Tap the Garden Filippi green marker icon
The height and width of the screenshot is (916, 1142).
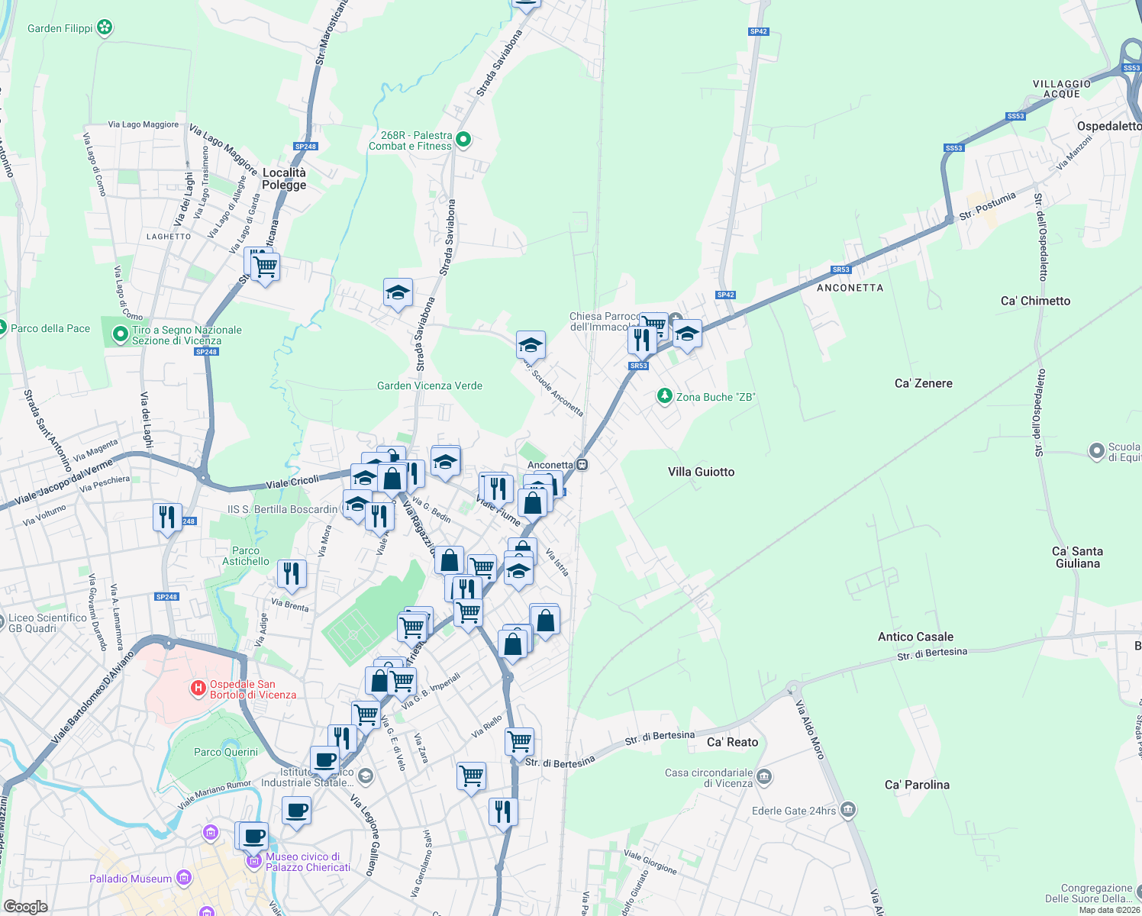coord(105,28)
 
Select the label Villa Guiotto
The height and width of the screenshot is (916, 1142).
coord(701,472)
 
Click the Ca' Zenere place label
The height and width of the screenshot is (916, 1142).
coord(923,383)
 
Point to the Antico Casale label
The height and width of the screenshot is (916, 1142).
coord(915,637)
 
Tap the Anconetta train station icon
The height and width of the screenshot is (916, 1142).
coord(582,464)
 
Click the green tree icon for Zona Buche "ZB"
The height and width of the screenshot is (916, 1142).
coord(665,396)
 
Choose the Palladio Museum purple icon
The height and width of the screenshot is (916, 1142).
coord(183,878)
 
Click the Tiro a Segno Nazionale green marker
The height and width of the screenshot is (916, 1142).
coord(120,334)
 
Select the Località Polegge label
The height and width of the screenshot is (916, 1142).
coord(284,179)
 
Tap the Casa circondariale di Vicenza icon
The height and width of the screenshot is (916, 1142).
coord(764,778)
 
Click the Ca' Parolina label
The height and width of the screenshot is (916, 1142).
coord(917,785)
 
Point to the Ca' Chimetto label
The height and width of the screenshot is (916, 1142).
coord(1035,301)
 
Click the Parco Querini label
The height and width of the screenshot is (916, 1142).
coord(226,752)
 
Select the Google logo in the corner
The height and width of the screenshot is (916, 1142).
coord(25,906)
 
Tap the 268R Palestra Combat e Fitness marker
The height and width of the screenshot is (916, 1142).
coord(463,140)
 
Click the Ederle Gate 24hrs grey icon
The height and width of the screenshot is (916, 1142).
coord(847,810)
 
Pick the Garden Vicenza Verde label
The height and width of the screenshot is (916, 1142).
coord(430,385)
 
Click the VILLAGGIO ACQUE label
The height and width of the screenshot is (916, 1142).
coord(1062,89)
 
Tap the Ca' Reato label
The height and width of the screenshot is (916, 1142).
coord(732,742)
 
